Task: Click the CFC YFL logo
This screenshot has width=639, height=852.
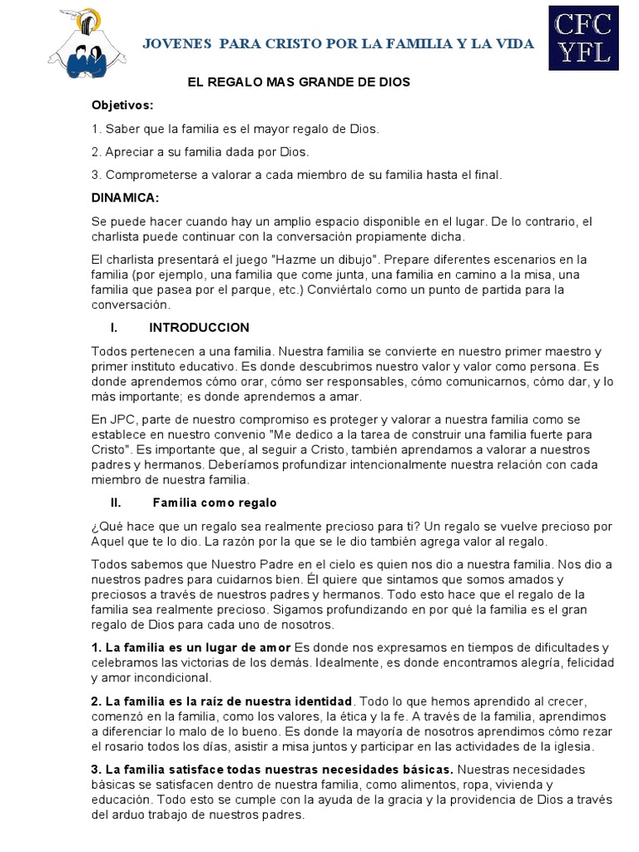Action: tap(583, 37)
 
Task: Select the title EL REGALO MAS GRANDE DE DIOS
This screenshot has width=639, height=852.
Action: tap(296, 83)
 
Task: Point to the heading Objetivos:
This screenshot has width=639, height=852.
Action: tap(123, 106)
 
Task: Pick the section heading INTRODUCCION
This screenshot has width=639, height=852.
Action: tap(199, 328)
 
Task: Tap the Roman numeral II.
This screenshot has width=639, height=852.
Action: tap(116, 503)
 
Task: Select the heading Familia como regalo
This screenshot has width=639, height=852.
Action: tap(215, 503)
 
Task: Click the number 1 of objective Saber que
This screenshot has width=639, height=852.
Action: tap(95, 129)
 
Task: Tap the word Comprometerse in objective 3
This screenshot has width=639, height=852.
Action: tap(146, 175)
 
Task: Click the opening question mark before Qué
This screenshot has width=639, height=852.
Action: tap(95, 527)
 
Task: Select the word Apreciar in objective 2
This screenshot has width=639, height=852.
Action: tap(129, 152)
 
